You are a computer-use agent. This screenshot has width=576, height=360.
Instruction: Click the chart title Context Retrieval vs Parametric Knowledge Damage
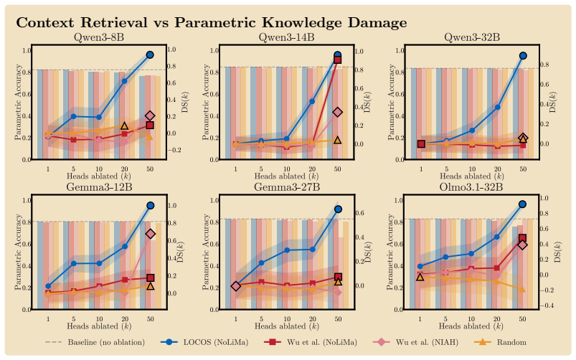click(211, 22)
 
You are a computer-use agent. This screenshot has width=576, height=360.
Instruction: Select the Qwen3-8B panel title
click(99, 37)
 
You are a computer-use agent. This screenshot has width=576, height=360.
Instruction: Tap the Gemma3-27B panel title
click(287, 187)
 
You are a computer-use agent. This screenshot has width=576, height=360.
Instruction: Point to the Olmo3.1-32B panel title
click(471, 187)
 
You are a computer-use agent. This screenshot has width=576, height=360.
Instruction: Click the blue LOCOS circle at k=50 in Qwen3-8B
click(150, 55)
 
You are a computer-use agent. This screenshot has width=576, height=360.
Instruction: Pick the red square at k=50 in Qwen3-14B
click(338, 60)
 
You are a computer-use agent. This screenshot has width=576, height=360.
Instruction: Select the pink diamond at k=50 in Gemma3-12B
click(150, 234)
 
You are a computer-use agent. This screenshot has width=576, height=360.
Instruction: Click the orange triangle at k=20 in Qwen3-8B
click(124, 126)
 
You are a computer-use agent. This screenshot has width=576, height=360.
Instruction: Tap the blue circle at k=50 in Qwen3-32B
click(523, 56)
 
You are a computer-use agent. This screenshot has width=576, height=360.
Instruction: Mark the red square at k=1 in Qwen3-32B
click(421, 143)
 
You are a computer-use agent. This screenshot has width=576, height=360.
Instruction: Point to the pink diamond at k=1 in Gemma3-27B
click(236, 286)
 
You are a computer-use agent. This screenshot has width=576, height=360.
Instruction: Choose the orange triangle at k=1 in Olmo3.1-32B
click(420, 277)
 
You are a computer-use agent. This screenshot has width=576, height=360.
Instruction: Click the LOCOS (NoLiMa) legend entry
click(204, 342)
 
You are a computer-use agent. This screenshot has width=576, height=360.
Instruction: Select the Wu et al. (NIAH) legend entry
click(415, 342)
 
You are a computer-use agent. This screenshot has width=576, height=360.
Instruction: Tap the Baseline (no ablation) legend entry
click(95, 342)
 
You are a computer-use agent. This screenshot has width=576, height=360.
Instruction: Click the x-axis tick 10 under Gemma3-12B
click(99, 319)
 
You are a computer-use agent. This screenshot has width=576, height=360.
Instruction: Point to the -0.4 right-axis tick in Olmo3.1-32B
click(549, 305)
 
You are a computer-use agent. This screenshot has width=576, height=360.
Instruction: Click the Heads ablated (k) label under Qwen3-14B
click(287, 176)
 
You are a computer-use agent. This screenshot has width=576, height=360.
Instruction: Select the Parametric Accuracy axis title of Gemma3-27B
click(206, 252)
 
